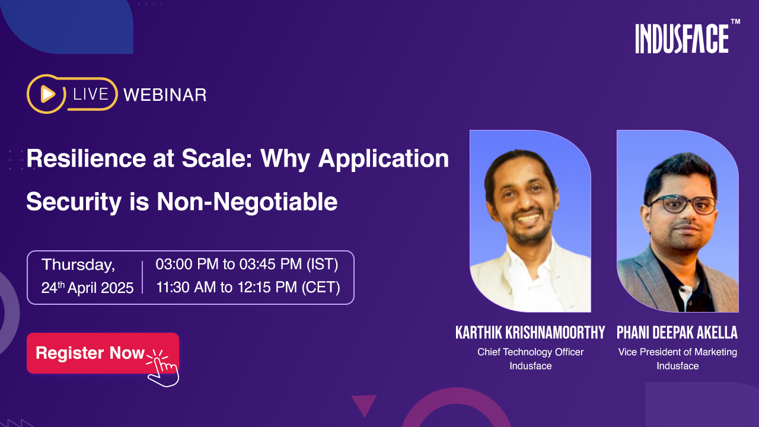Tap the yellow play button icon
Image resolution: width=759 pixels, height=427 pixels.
(48, 94)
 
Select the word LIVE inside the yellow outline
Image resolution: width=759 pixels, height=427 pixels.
(91, 94)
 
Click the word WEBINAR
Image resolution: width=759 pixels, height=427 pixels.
(165, 95)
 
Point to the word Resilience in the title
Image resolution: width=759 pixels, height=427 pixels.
(86, 158)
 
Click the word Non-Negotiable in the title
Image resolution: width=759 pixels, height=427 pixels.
(247, 202)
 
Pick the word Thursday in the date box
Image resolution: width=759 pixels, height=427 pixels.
(78, 265)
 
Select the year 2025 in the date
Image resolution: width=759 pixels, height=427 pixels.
(117, 288)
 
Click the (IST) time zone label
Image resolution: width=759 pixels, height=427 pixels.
(322, 265)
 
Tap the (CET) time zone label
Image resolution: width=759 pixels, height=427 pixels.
(321, 288)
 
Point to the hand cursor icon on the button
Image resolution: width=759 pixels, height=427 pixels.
(163, 368)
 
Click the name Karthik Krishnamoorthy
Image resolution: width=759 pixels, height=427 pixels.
(530, 333)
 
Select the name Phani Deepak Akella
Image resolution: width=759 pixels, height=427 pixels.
(677, 333)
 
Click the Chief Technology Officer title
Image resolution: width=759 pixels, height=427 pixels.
(530, 352)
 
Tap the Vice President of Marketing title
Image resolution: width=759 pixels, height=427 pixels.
(677, 352)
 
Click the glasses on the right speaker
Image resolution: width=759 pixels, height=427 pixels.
(683, 205)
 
